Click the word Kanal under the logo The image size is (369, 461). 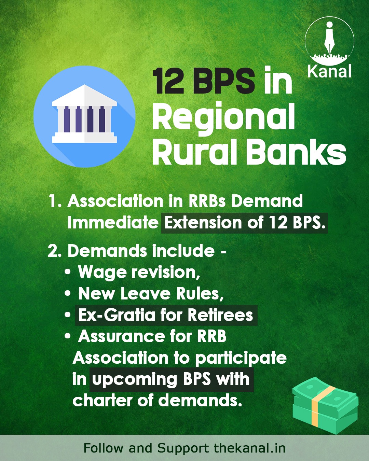(329, 72)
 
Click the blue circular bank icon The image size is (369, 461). (84, 116)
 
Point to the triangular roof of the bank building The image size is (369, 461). (84, 95)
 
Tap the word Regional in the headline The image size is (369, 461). (224, 117)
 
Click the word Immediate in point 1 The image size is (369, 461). (113, 223)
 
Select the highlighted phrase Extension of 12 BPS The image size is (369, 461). (245, 223)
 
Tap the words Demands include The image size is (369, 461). (141, 251)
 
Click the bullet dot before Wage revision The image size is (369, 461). (68, 272)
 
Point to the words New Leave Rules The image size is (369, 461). (151, 294)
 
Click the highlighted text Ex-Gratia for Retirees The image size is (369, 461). (166, 315)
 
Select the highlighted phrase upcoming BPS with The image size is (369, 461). (171, 379)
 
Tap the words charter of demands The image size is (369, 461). (158, 401)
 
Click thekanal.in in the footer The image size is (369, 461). (250, 448)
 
